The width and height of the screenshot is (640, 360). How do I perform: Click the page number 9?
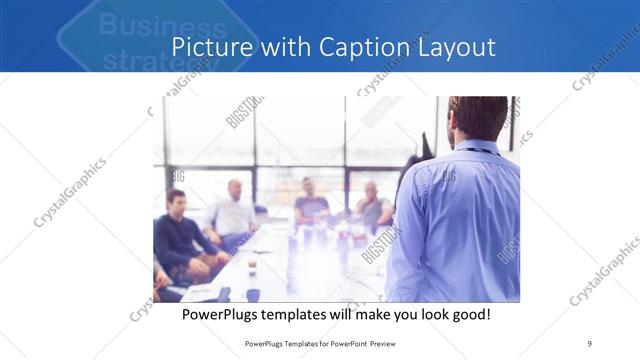pyautogui.click(x=590, y=344)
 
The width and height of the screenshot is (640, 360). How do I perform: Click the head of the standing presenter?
pyautogui.click(x=478, y=118)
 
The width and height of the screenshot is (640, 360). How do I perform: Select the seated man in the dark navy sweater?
pyautogui.click(x=176, y=235)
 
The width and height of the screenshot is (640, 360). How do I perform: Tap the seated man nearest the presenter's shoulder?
pyautogui.click(x=372, y=206)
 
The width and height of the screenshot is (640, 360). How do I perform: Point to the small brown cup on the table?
pyautogui.click(x=251, y=266)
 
